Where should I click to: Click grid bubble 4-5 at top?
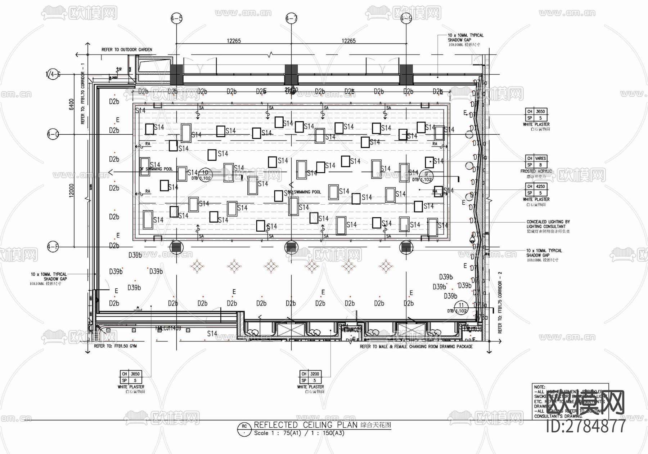176,18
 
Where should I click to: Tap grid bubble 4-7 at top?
291,18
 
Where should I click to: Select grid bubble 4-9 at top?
406,18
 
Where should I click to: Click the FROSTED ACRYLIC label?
536,172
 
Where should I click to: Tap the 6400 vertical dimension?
71,104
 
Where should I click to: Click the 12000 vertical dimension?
71,190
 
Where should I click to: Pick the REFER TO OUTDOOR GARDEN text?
127,50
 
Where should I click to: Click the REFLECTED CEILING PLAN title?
306,425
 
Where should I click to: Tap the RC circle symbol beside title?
244,429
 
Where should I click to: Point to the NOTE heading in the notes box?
539,387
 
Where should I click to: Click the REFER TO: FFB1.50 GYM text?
115,346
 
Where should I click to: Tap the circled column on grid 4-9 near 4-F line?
406,248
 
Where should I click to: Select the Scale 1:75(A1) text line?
299,433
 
